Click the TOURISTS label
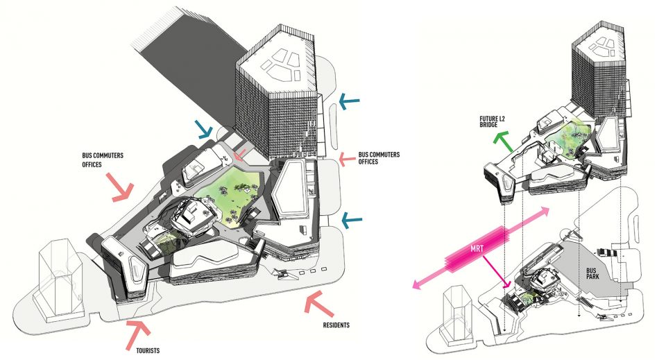point(148,351)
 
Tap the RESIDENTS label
point(336,325)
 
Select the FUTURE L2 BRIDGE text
point(493,122)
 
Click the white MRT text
point(477,249)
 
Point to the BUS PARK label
point(592,273)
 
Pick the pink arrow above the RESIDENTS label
point(320,305)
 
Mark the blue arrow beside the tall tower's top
point(349,101)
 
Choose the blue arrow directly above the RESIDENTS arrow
point(352,220)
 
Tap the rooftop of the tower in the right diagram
point(598,46)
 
